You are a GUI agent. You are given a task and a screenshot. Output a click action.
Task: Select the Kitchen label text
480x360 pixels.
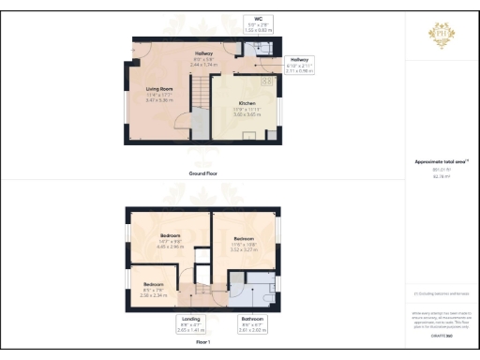(247, 101)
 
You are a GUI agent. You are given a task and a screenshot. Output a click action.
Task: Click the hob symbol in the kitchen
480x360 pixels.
(266, 82)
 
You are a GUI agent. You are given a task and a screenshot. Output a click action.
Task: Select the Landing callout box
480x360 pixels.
(189, 324)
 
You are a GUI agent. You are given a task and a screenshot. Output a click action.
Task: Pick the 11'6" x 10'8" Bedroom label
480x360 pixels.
(243, 243)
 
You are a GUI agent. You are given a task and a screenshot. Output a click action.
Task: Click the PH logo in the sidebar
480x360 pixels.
(441, 32)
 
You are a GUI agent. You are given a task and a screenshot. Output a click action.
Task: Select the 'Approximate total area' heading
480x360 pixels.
(440, 161)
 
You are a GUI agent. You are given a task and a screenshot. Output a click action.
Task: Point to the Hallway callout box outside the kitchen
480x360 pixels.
(299, 64)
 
